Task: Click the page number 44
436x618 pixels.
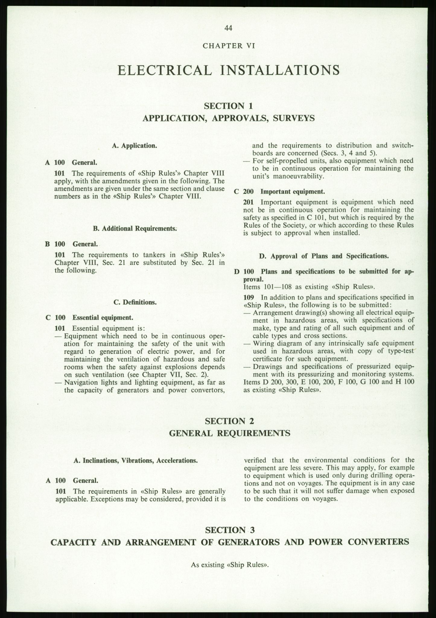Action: (x=228, y=28)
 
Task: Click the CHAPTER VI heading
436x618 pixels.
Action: (x=229, y=46)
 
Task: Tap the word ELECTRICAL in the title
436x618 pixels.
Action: (x=165, y=70)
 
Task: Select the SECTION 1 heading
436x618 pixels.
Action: (x=228, y=106)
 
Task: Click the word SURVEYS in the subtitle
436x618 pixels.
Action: (x=294, y=118)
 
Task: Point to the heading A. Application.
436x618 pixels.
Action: (x=134, y=146)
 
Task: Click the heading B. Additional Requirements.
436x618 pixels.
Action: (x=135, y=228)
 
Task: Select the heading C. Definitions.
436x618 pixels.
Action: (x=135, y=302)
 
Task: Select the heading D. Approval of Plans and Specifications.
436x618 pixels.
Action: (x=323, y=256)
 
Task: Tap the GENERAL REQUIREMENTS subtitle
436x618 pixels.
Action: (x=229, y=433)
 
